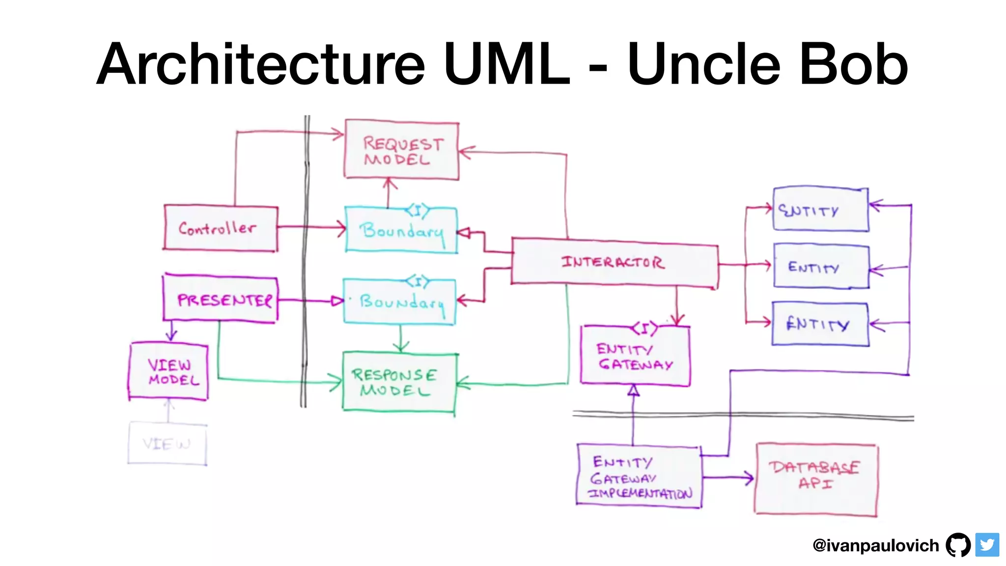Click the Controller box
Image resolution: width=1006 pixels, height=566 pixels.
[221, 228]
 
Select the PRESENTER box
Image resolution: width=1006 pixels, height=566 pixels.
[221, 299]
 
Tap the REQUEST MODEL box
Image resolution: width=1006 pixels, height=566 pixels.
[401, 150]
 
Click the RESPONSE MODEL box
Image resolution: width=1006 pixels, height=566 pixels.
[399, 382]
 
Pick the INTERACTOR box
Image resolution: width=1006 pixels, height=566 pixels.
[614, 262]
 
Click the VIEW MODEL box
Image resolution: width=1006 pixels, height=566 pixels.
[168, 372]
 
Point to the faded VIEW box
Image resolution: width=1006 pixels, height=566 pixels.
[167, 444]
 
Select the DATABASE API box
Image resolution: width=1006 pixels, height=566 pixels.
[816, 479]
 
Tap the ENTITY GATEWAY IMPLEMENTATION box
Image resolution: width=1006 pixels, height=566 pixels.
[639, 477]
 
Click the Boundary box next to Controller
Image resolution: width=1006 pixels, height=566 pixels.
[401, 230]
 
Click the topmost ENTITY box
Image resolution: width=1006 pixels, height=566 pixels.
[820, 210]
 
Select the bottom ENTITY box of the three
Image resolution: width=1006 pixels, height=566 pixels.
[820, 324]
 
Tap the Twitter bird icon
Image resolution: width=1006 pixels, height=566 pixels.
[987, 544]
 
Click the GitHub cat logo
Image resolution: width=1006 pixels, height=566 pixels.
[958, 544]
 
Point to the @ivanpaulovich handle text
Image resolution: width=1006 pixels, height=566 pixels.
[875, 545]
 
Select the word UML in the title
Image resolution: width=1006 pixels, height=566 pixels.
[506, 64]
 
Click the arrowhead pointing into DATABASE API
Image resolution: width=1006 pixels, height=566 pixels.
[749, 478]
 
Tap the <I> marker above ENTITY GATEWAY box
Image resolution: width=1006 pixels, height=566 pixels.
[644, 328]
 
